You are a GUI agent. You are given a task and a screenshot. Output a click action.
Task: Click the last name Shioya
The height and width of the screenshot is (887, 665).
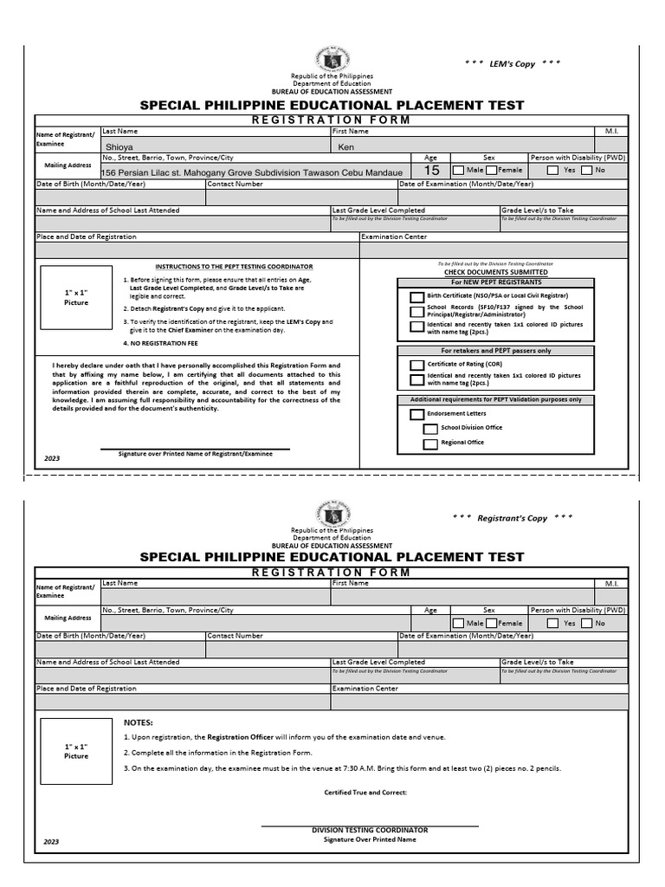tap(120, 147)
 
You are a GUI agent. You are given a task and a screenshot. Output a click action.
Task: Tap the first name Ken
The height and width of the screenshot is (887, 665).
tap(345, 147)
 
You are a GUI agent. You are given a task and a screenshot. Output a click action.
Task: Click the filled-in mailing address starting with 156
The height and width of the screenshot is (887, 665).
tap(252, 172)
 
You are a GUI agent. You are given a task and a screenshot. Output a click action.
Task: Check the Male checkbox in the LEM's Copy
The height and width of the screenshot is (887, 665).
tap(459, 171)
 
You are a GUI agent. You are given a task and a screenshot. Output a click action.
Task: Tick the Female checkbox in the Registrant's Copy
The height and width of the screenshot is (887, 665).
tap(491, 623)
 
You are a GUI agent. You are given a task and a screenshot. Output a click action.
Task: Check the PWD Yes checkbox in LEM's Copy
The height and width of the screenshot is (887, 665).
tap(553, 171)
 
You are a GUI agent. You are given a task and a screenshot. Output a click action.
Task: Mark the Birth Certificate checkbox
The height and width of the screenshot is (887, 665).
tap(417, 296)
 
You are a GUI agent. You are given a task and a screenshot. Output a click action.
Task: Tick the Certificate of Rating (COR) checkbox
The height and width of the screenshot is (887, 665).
tap(417, 366)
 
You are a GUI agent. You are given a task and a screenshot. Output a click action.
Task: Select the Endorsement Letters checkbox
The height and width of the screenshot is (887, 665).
tap(417, 414)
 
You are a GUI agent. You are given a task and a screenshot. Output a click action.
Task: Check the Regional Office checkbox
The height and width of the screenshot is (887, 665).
tap(430, 443)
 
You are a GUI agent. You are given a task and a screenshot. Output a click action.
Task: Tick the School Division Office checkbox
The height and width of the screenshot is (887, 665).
tap(430, 429)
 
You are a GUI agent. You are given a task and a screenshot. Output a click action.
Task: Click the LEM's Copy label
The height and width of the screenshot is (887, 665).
tap(512, 64)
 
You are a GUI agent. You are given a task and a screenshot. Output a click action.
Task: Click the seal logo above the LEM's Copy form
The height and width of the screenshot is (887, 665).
tap(332, 55)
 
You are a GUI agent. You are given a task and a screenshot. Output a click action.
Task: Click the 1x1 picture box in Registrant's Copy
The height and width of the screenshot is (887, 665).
tap(76, 751)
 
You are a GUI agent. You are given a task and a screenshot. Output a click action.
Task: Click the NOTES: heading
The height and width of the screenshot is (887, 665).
tap(138, 722)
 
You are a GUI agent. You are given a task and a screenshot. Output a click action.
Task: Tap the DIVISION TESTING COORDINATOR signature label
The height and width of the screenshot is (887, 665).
tap(370, 830)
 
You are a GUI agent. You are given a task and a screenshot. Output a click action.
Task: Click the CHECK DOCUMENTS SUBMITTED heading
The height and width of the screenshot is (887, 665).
tap(495, 272)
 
